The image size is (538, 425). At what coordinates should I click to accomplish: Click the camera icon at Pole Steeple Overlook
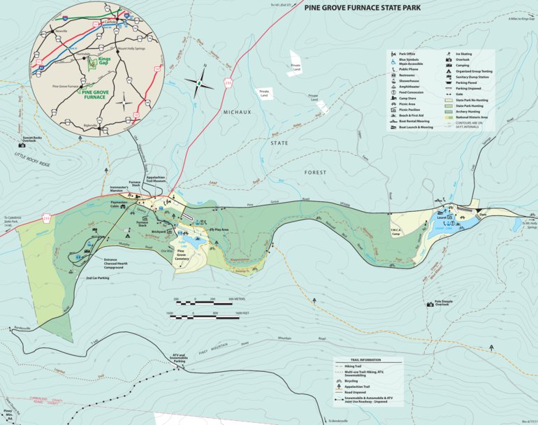[x=430, y=303]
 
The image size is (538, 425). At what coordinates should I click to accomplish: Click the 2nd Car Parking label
[x=97, y=278]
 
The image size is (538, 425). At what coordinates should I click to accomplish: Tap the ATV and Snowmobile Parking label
[x=180, y=357]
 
